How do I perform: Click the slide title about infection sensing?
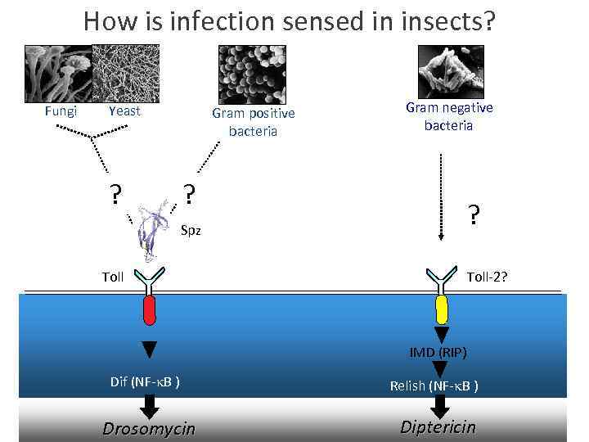click(289, 21)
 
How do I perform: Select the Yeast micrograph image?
click(125, 73)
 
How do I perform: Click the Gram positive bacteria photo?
click(252, 74)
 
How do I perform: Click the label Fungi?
click(61, 111)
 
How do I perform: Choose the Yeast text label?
click(124, 111)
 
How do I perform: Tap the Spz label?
click(190, 230)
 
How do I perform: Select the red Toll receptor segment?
click(149, 310)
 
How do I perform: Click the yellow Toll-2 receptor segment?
click(442, 310)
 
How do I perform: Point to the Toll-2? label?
click(487, 277)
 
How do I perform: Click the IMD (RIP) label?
click(438, 353)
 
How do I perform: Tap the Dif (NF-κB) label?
click(146, 381)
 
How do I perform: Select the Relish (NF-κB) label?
click(434, 385)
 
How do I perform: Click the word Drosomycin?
click(149, 428)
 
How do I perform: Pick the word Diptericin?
click(438, 427)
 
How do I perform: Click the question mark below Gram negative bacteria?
click(473, 214)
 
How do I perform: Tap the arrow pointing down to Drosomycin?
click(149, 405)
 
